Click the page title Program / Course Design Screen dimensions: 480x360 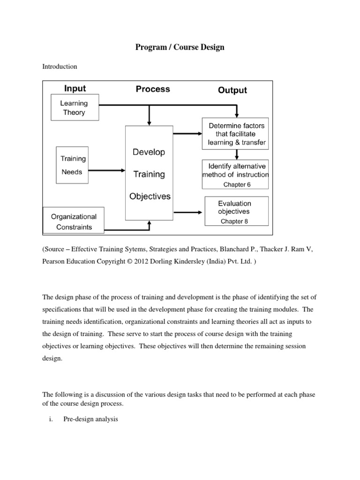(180, 47)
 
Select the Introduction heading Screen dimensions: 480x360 (60, 67)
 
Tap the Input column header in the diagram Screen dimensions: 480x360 (75, 88)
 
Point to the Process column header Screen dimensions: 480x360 (153, 89)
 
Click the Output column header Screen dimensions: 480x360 (232, 90)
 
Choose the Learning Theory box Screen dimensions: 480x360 (75, 108)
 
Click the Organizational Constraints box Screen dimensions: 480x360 (74, 222)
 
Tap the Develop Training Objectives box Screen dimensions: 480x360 (150, 174)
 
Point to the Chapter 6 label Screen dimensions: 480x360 (237, 185)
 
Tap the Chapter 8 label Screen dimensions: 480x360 (234, 222)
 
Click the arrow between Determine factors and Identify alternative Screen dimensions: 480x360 (237, 155)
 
